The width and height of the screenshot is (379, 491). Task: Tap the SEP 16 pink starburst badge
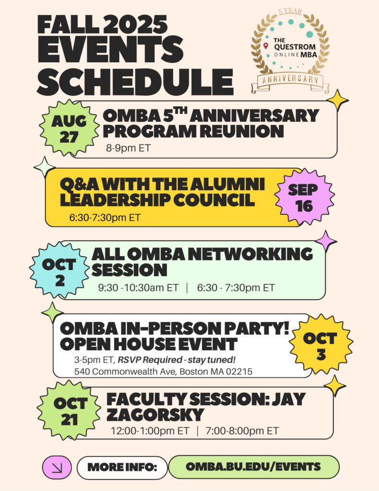(305, 197)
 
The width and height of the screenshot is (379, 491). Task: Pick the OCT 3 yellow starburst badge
(321, 346)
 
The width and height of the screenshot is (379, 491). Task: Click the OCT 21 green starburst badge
(69, 411)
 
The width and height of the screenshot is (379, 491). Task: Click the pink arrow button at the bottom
(57, 467)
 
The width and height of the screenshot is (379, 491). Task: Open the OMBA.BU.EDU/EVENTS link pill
(253, 467)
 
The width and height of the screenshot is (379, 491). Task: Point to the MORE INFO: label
(122, 467)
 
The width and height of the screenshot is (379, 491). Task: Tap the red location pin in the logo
(266, 46)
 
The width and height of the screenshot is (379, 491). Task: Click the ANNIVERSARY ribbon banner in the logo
(290, 80)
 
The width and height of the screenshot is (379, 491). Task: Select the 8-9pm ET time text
(128, 148)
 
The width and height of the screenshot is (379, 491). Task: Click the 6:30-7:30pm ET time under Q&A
(105, 217)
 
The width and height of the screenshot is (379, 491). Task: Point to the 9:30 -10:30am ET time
(138, 288)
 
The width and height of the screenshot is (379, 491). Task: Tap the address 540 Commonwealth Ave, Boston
(163, 372)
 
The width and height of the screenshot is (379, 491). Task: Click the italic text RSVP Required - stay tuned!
(176, 360)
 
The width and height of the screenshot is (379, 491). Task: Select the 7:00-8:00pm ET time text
(242, 431)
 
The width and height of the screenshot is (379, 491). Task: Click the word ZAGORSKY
(155, 415)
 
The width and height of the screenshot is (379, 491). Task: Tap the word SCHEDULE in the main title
(135, 82)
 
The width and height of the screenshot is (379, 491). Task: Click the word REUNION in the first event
(242, 131)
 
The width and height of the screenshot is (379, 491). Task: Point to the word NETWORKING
(251, 254)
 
